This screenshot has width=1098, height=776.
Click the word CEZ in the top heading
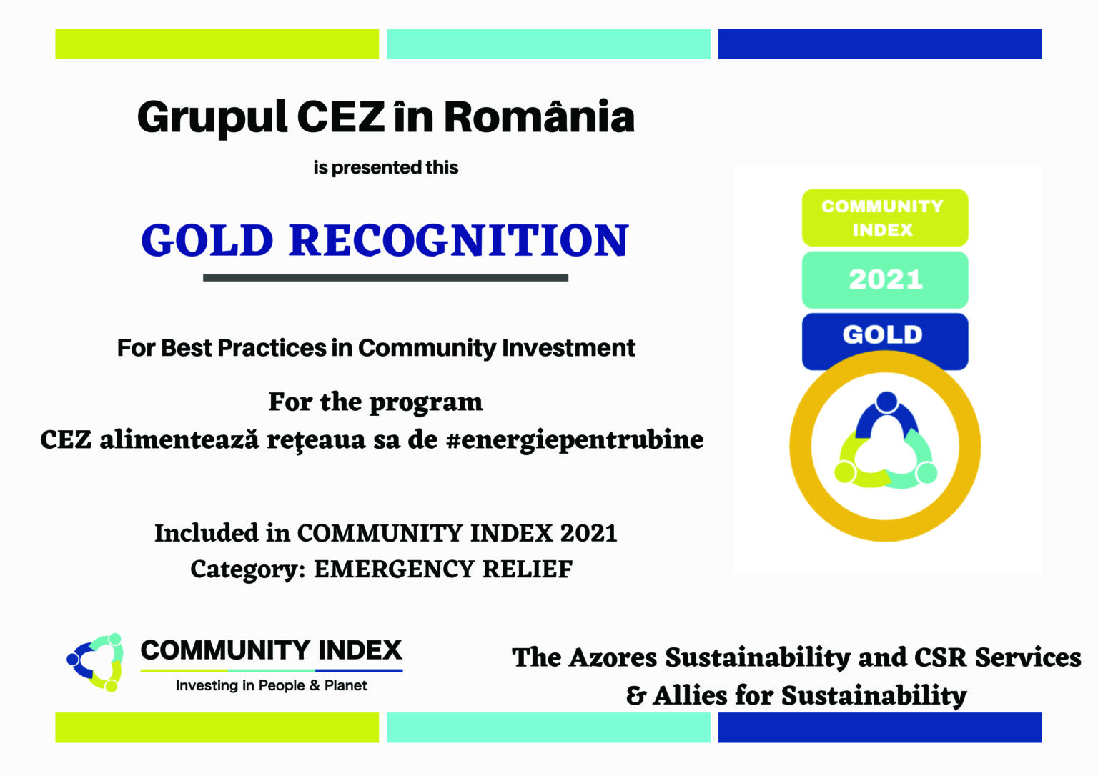coord(340,117)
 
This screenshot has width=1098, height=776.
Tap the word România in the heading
coord(539,117)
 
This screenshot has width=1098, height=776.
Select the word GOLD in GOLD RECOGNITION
coord(207,240)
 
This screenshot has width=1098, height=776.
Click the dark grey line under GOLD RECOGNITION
coord(385,278)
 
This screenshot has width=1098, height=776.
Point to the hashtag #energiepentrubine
coord(574,439)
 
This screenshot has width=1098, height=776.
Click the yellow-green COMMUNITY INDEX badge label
coord(884,218)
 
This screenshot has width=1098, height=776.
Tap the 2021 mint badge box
coord(885,279)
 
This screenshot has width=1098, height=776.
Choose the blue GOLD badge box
coord(884,336)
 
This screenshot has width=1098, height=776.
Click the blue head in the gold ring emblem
coord(886,402)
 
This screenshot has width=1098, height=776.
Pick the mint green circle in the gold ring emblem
coord(926,472)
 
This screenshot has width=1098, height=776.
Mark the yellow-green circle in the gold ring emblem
coord(845,472)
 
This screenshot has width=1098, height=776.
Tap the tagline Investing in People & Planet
coord(272,685)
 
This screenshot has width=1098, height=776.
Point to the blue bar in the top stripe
coord(879,44)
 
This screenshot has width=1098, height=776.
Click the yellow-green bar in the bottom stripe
coord(217,727)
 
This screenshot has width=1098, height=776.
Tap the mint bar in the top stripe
coord(548,44)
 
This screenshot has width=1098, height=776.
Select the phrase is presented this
coord(386,168)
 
